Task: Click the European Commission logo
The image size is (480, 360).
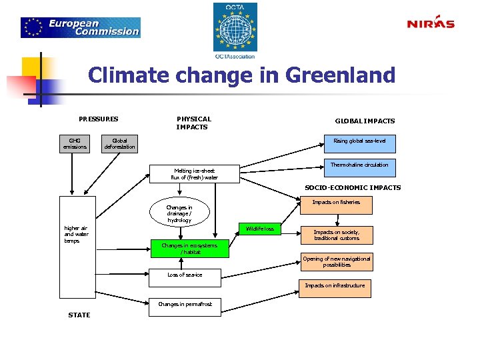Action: coord(81,27)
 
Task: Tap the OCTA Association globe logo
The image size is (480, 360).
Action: coord(235,30)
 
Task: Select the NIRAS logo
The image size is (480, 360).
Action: coord(431,23)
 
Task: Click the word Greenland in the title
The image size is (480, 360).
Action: coord(340,75)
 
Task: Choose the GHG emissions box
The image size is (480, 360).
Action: coord(74,144)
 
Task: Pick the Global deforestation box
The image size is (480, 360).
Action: coord(120,144)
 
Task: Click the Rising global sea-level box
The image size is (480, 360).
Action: coord(359,143)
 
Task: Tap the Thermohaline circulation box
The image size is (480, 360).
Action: coord(359,167)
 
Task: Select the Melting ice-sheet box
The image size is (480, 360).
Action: coord(195,174)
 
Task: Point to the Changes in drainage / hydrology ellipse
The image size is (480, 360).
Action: coord(179,213)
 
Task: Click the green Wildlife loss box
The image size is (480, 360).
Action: coord(259,229)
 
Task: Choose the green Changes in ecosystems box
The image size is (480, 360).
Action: coord(189,249)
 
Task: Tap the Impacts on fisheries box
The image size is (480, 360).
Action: coord(336,204)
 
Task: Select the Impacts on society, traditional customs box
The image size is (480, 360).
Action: coord(336,235)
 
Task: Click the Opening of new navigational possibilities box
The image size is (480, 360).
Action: coord(337,262)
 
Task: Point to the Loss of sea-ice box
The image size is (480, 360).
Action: coord(185,275)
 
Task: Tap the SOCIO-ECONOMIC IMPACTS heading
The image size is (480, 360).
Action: coord(353,188)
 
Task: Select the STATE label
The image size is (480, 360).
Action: coord(79,315)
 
